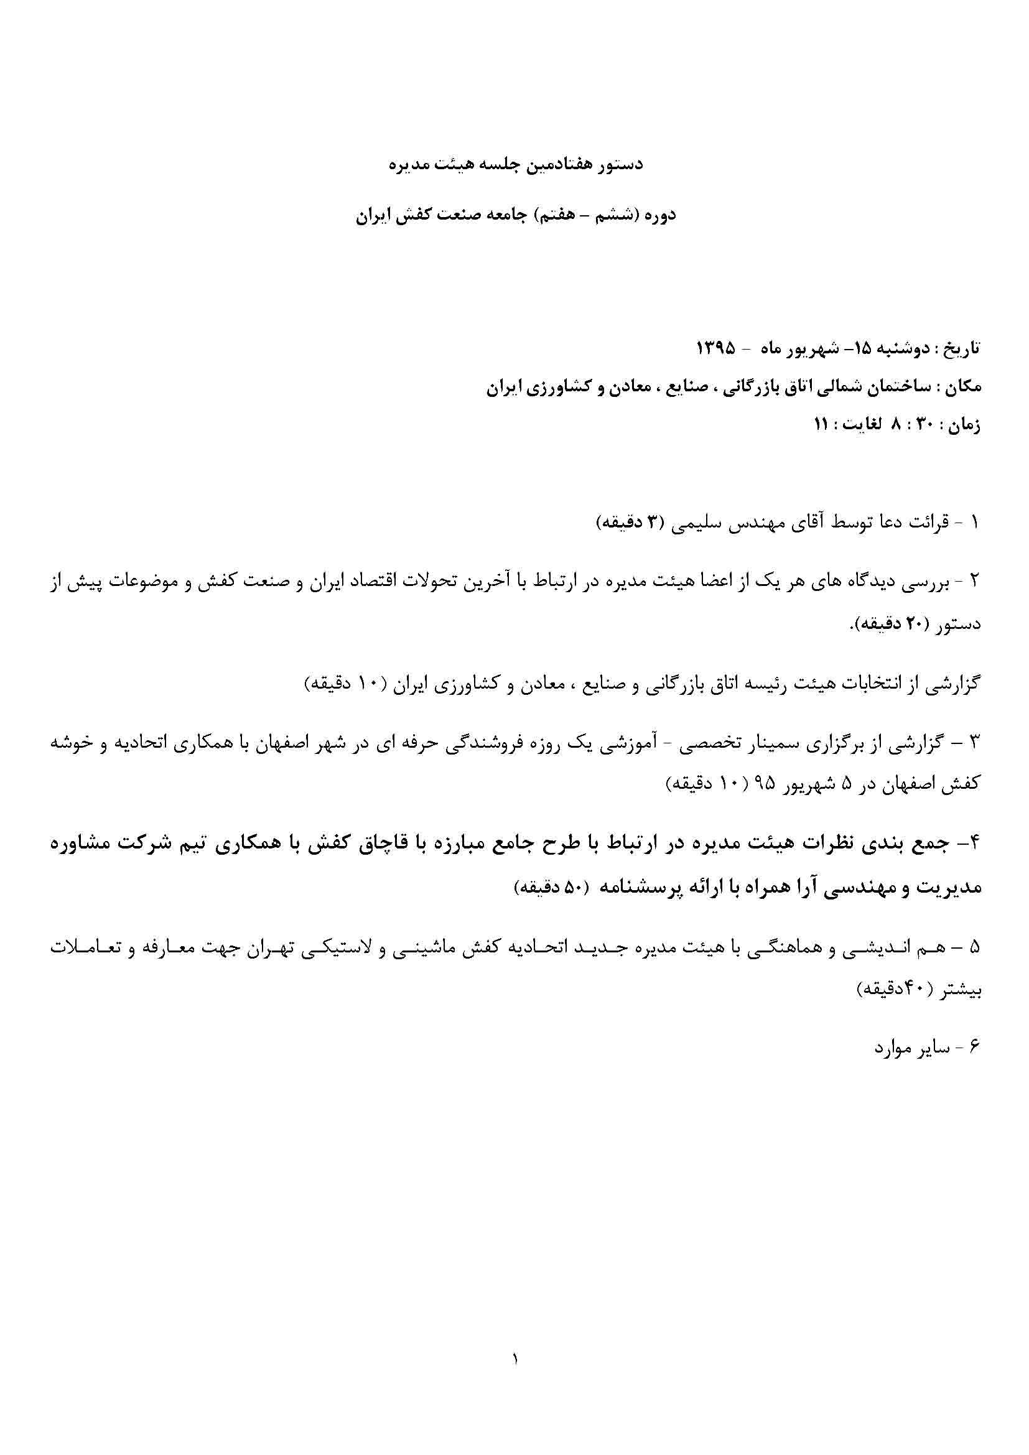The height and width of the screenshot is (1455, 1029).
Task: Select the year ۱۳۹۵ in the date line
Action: (716, 348)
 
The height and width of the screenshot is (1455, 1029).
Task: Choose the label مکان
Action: (963, 387)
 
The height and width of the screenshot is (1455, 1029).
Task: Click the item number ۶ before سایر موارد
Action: (974, 1048)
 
